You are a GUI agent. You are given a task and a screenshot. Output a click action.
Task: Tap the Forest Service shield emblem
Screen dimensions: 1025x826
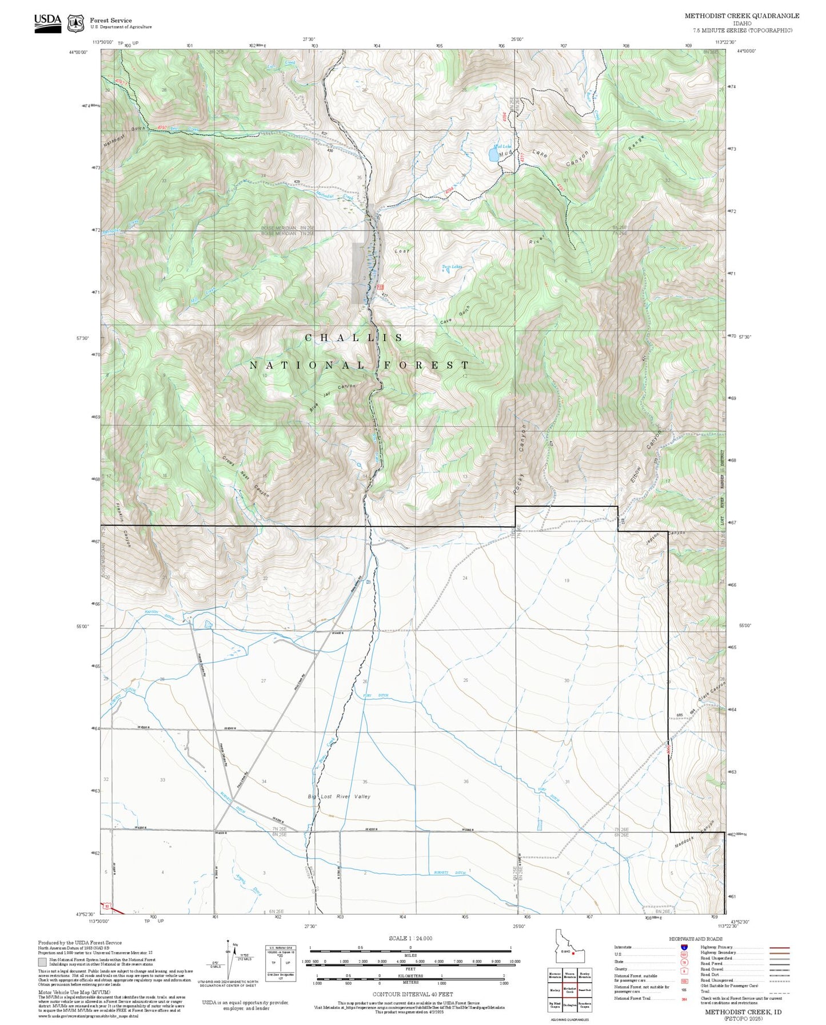pyautogui.click(x=75, y=23)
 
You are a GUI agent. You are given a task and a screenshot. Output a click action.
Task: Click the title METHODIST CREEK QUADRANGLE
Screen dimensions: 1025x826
pyautogui.click(x=742, y=15)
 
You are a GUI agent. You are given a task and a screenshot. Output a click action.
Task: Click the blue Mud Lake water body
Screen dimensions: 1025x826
pyautogui.click(x=493, y=155)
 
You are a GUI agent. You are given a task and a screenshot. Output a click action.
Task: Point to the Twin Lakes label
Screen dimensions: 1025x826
pyautogui.click(x=452, y=267)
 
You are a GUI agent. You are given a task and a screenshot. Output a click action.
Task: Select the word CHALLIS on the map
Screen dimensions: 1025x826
pyautogui.click(x=354, y=338)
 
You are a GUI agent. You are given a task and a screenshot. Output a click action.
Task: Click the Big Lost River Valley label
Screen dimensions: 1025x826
pyautogui.click(x=339, y=796)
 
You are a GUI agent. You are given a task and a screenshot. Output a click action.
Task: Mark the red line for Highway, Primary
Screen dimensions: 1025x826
pyautogui.click(x=780, y=947)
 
